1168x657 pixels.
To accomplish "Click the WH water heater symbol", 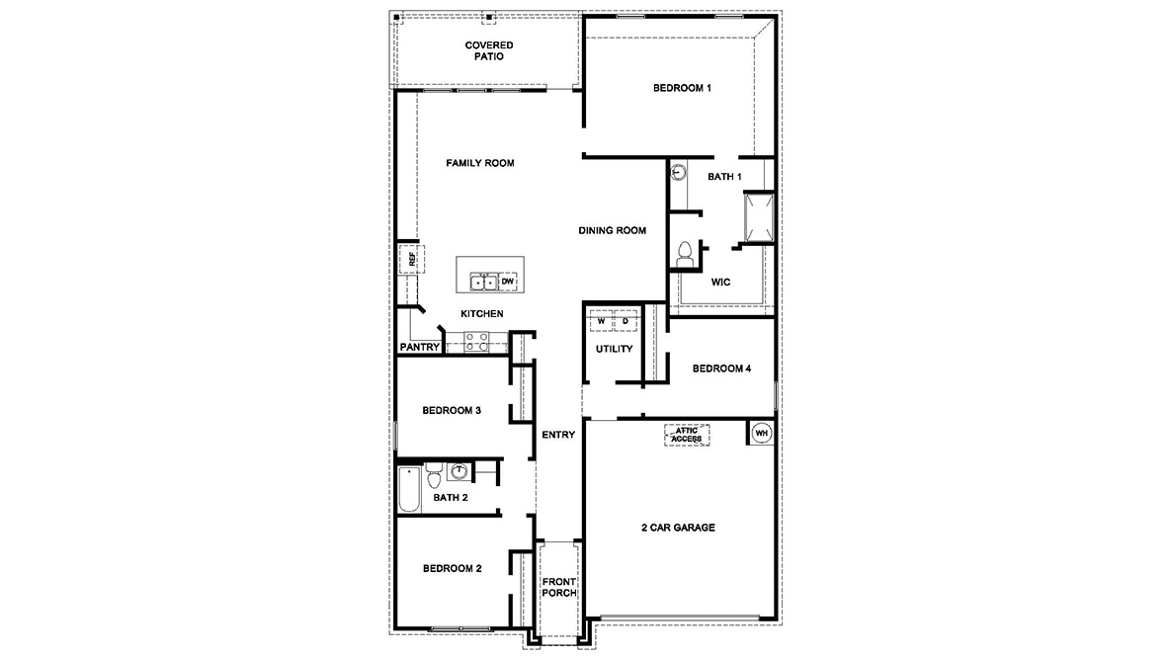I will point(762,432).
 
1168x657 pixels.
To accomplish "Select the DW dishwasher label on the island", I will point(508,283).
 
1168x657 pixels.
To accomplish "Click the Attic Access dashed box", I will point(688,434).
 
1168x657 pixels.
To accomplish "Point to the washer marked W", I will point(601,322).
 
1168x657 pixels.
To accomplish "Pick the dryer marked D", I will point(626,322).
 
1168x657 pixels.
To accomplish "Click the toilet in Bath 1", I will point(684,253).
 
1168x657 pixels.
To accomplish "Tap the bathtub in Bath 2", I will point(409,490).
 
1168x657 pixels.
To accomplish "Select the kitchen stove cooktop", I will point(476,342).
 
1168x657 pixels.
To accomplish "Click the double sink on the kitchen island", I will point(483,283).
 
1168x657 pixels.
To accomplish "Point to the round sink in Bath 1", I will point(679,172).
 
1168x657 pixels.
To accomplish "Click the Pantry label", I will point(420,347).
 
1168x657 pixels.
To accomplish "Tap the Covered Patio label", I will point(489,51).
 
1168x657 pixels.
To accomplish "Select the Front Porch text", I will point(559,588).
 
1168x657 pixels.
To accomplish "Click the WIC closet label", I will point(720,282).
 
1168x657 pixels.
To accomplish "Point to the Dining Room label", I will point(613,230).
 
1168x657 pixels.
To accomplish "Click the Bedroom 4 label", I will point(721,369).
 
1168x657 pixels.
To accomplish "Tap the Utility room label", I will point(614,349).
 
